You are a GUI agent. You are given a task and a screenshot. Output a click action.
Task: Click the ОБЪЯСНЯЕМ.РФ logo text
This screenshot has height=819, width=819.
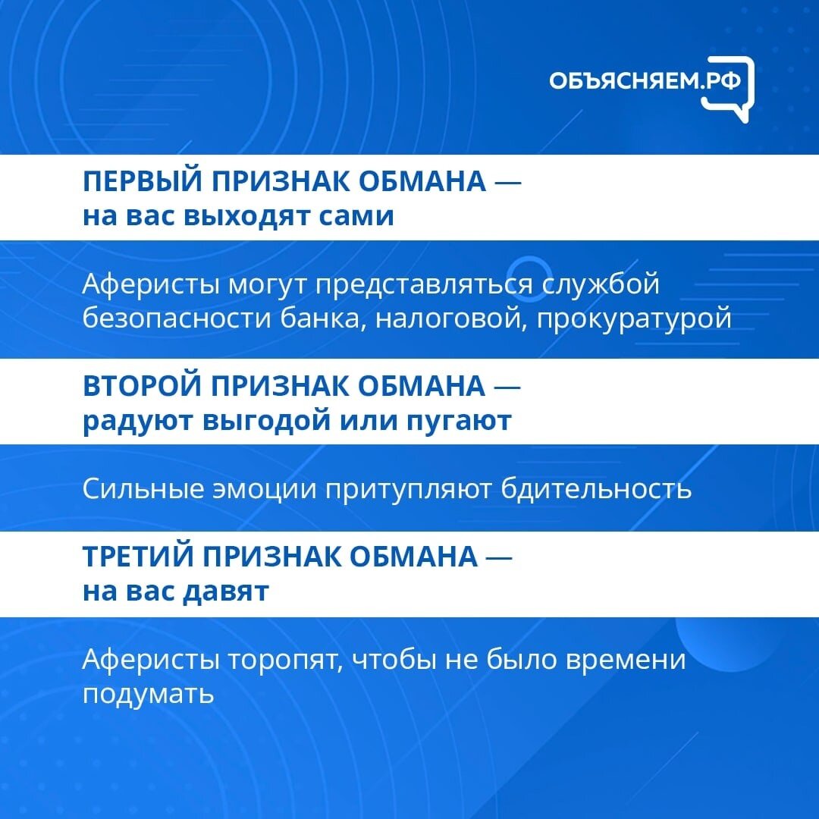[645, 81]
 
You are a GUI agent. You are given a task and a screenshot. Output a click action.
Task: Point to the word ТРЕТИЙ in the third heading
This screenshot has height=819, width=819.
[139, 556]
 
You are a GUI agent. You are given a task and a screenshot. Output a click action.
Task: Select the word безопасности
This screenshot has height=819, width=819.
[177, 318]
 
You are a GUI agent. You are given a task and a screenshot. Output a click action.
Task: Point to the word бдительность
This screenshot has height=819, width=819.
[596, 489]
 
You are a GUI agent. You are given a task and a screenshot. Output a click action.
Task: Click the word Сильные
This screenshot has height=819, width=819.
[143, 489]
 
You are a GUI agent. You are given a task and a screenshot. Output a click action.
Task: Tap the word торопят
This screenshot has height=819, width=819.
[285, 661]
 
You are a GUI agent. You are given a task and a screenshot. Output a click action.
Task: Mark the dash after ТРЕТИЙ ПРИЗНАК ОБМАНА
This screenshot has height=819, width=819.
[499, 557]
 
